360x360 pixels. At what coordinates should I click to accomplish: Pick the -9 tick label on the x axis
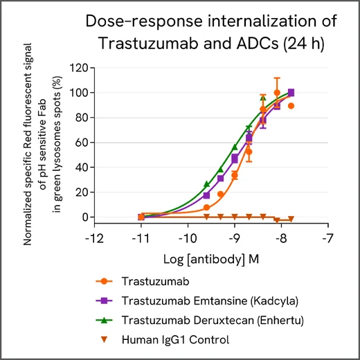pos(234,239)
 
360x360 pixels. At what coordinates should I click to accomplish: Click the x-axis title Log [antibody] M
pos(211,258)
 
